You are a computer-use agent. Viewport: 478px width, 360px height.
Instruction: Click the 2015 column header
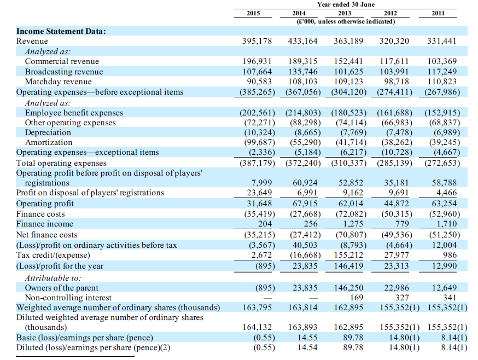(x=253, y=13)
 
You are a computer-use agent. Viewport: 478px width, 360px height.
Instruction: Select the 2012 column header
(x=390, y=13)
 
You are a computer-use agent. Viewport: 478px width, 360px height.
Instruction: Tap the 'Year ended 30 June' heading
(x=346, y=4)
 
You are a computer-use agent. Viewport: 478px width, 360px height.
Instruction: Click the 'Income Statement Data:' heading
(x=61, y=31)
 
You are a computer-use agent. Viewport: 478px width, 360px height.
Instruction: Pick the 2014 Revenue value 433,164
(x=302, y=41)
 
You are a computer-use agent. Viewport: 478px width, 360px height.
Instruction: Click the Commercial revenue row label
(x=62, y=61)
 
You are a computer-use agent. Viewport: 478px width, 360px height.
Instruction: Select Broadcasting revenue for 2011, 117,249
(x=442, y=71)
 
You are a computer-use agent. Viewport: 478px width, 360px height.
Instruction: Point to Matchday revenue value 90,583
(x=259, y=82)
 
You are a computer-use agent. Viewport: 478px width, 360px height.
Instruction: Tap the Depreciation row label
(x=48, y=132)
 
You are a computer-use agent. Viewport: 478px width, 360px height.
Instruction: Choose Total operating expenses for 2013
(x=349, y=163)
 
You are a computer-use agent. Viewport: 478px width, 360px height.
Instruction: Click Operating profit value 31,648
(x=259, y=203)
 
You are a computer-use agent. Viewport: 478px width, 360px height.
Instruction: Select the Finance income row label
(x=44, y=224)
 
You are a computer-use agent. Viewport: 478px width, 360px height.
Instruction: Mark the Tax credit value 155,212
(x=348, y=255)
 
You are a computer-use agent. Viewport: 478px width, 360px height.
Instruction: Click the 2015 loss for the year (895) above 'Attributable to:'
(x=265, y=266)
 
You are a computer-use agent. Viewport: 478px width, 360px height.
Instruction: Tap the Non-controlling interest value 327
(x=402, y=298)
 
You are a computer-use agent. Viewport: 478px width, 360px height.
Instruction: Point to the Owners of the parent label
(x=62, y=288)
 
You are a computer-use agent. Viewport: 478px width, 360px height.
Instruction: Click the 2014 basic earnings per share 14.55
(x=307, y=338)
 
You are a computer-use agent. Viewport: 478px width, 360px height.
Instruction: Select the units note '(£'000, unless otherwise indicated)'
(x=346, y=21)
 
